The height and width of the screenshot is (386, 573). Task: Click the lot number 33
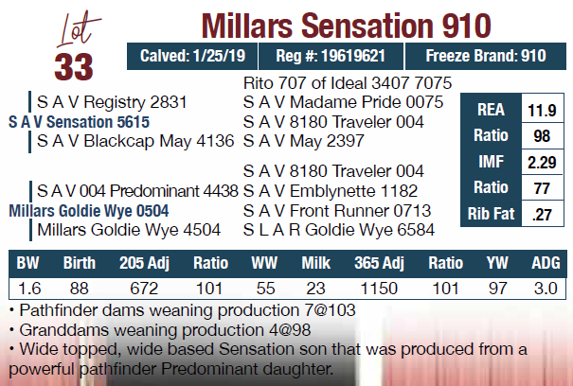[x=74, y=67]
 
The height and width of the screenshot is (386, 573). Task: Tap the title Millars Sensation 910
[x=346, y=26]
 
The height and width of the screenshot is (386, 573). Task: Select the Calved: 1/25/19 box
[x=192, y=56]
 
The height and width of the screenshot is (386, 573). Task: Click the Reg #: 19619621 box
[x=331, y=56]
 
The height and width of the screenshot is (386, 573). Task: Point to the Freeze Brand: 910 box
[x=486, y=56]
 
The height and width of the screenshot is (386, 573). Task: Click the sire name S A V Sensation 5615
[x=79, y=122]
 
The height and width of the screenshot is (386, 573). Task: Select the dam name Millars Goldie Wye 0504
[x=89, y=211]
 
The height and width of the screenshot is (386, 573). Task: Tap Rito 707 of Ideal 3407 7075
[x=348, y=83]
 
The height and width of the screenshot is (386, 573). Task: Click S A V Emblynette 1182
[x=331, y=191]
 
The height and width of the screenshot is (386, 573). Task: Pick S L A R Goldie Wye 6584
[x=339, y=230]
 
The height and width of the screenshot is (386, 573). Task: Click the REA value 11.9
[x=542, y=110]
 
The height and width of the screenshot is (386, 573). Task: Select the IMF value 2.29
[x=542, y=162]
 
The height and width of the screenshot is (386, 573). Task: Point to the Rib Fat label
[x=491, y=214]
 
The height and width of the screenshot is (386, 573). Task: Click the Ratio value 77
[x=542, y=188]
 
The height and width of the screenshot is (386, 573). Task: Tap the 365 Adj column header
[x=380, y=263]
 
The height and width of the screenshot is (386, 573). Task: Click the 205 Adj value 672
[x=144, y=289]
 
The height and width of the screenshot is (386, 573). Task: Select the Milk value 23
[x=315, y=289]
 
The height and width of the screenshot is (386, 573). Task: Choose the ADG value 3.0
[x=546, y=289]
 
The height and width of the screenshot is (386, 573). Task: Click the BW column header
[x=28, y=263]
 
